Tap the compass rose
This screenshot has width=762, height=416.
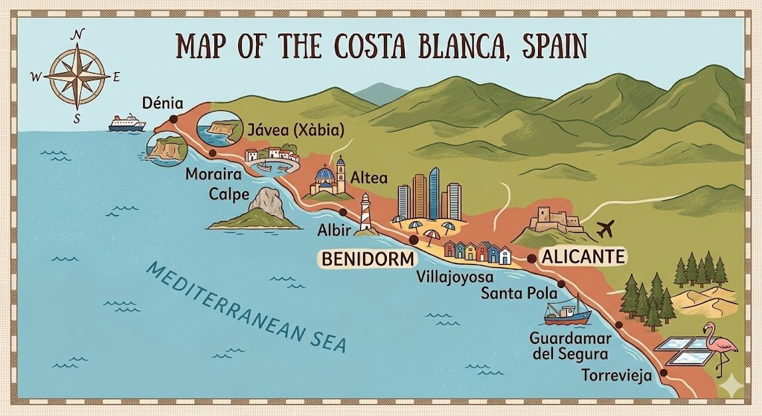tap(77, 76)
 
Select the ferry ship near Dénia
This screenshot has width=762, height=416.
tap(127, 123)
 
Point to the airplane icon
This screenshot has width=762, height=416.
tap(608, 226)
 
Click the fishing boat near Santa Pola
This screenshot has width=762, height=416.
tap(567, 310)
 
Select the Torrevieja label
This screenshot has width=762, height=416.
tap(617, 375)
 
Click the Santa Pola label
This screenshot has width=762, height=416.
tap(516, 292)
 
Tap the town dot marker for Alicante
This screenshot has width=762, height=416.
tap(531, 257)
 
